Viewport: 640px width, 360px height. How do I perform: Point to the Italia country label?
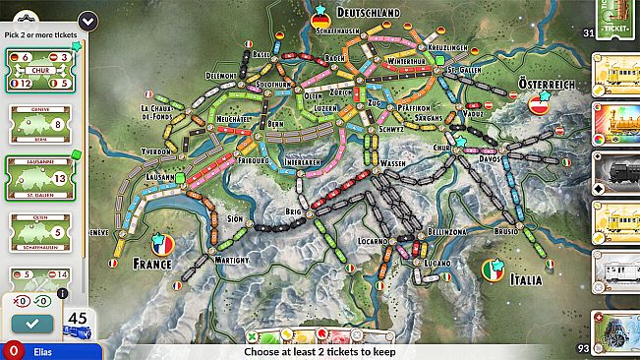(x=526, y=280)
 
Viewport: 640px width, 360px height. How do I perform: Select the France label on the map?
(x=152, y=264)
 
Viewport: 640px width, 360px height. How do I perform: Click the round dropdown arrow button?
(x=89, y=21)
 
